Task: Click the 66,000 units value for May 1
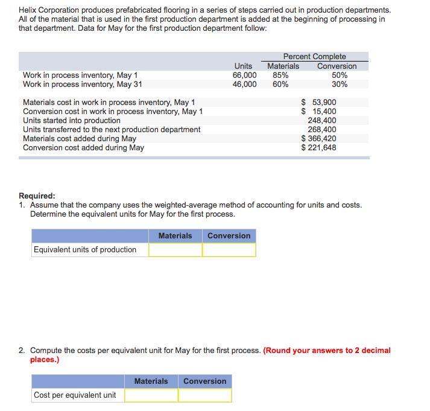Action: [244, 75]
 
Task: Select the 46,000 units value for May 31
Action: [244, 84]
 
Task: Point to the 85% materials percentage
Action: [280, 75]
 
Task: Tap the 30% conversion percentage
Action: [340, 84]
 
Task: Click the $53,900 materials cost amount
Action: [319, 103]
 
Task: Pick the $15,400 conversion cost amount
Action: [319, 112]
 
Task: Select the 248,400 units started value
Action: [321, 121]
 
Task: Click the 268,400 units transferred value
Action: [321, 130]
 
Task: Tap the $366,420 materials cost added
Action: [319, 139]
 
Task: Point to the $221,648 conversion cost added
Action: [319, 148]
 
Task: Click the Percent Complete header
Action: [314, 57]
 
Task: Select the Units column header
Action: [243, 66]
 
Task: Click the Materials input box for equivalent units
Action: [175, 250]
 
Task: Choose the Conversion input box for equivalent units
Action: [229, 250]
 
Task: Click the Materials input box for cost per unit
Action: [151, 395]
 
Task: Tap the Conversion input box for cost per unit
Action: [204, 395]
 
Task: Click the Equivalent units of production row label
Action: [85, 250]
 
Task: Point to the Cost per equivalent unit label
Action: [75, 395]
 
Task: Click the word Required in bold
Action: [37, 196]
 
